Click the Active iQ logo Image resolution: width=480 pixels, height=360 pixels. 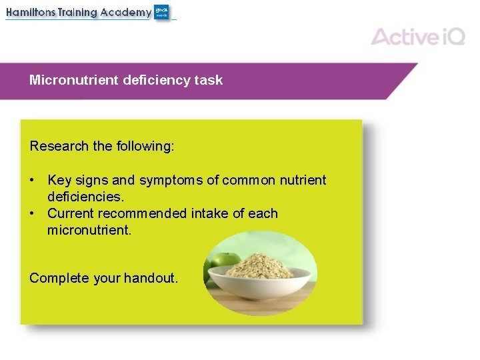[417, 36]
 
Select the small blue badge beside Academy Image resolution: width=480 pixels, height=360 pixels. [161, 12]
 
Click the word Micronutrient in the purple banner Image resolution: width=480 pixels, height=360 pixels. [75, 80]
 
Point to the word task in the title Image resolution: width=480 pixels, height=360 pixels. [209, 80]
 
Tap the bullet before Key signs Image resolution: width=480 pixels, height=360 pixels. [32, 181]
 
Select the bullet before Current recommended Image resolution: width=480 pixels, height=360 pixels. [32, 214]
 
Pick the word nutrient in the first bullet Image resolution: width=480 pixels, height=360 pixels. [303, 180]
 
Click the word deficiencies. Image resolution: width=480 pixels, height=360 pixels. [85, 197]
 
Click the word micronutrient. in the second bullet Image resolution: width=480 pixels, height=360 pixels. [89, 231]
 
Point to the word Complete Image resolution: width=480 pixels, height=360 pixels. [59, 278]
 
